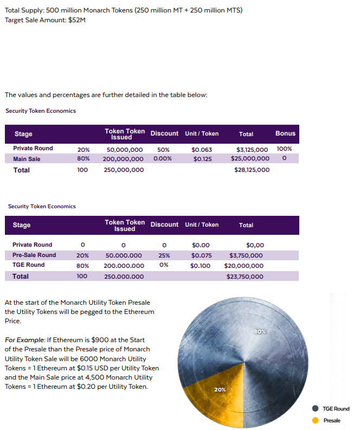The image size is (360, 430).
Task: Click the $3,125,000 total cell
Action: click(252, 149)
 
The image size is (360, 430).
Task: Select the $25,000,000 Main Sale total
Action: click(250, 159)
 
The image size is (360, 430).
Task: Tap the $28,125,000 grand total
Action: click(252, 170)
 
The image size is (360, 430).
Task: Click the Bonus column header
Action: click(285, 133)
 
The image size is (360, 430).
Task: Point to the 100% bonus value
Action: click(284, 149)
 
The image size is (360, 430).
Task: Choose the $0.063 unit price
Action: click(202, 150)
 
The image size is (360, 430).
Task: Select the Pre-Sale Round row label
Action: click(34, 255)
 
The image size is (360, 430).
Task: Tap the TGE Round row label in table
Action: click(29, 265)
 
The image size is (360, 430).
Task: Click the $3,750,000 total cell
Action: click(246, 255)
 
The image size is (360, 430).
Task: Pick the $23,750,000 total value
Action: click(245, 277)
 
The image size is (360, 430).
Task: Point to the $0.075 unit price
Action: click(201, 255)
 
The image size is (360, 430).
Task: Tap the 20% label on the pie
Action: click(220, 389)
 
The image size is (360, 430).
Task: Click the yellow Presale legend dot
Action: click(315, 420)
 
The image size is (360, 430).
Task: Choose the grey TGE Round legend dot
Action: click(315, 409)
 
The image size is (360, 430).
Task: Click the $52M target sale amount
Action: click(77, 20)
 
